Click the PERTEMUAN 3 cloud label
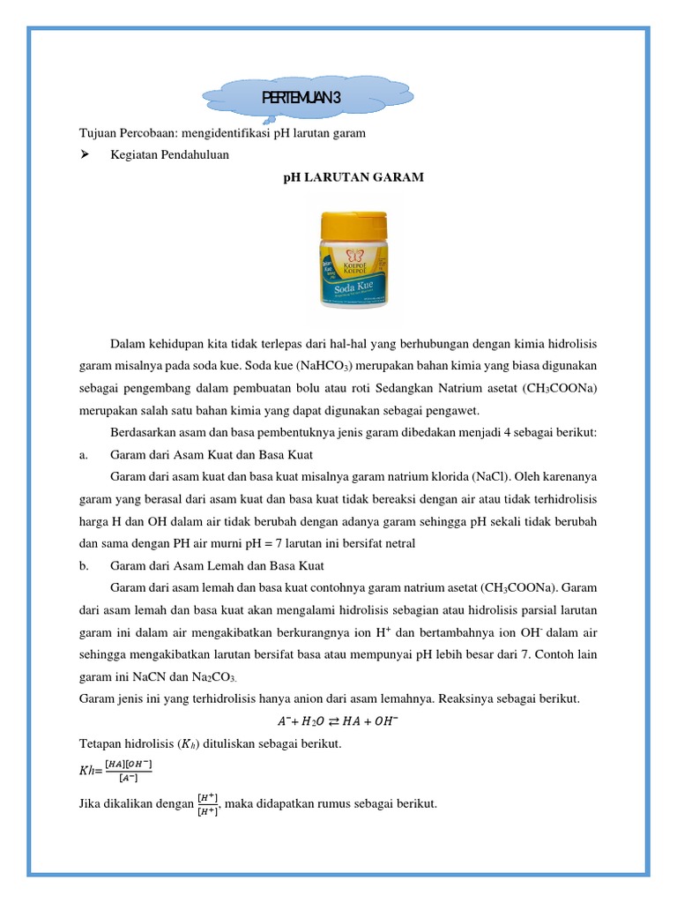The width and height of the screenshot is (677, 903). coord(302,98)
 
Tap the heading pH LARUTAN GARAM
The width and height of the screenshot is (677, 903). coord(353,177)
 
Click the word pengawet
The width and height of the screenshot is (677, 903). coord(450,411)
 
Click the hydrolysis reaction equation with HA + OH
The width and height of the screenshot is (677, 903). coord(338,720)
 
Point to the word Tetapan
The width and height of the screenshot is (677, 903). coord(102,743)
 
